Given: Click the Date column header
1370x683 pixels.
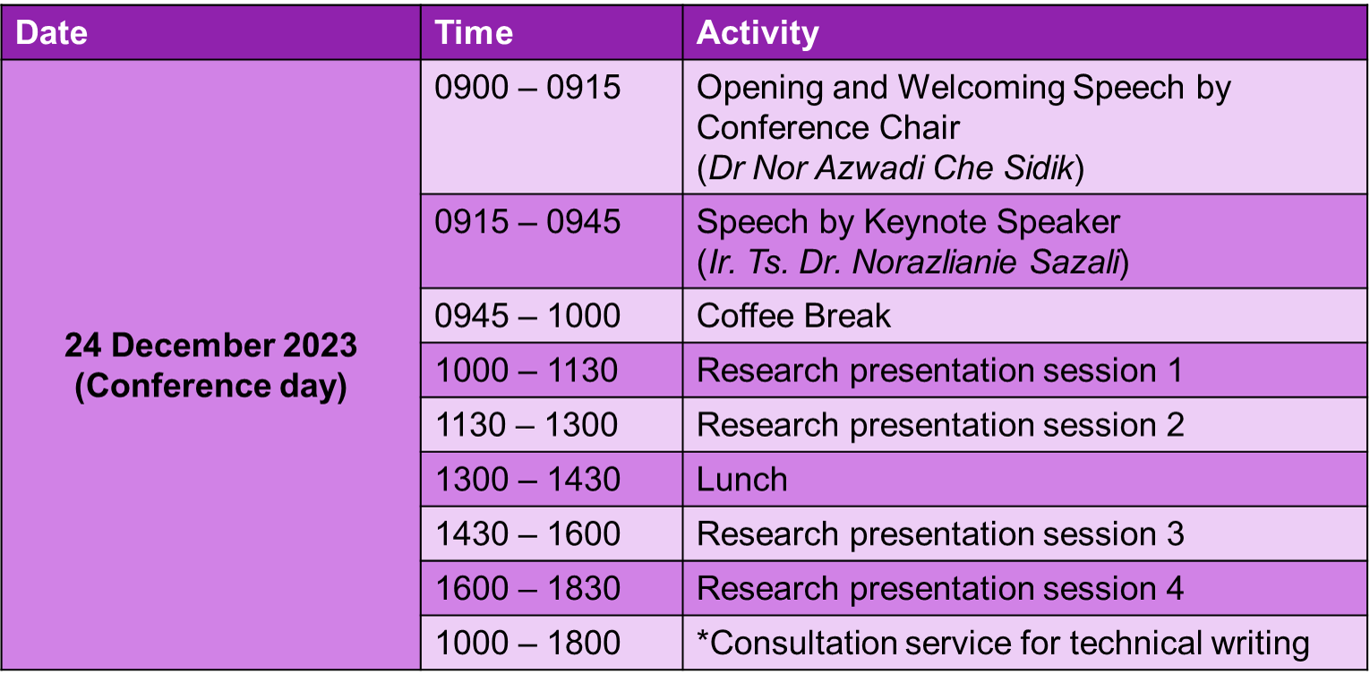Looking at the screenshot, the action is click(x=51, y=32).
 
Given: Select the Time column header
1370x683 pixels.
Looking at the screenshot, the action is click(x=474, y=32).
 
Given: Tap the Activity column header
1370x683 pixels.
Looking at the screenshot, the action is click(x=758, y=34).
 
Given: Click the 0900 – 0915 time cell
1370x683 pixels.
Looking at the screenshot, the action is click(x=527, y=87).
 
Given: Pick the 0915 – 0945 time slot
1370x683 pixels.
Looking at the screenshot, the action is click(x=527, y=221).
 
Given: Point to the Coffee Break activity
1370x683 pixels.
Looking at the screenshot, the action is click(x=793, y=315).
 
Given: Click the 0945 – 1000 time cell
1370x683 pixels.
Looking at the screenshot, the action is click(x=527, y=315).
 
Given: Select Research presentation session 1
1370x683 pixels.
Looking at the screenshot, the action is click(x=939, y=371).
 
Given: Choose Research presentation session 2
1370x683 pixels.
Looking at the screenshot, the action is click(x=940, y=425).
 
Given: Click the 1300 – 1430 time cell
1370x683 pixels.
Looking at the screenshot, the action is click(x=527, y=480).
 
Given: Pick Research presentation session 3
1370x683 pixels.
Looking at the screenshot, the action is click(x=940, y=534).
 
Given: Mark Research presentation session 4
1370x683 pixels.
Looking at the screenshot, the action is click(x=940, y=589).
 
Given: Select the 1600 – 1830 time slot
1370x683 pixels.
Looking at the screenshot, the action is click(x=527, y=588).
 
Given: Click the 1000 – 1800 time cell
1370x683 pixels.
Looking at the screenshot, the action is click(x=527, y=643).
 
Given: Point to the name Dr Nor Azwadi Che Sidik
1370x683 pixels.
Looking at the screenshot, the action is click(x=890, y=167).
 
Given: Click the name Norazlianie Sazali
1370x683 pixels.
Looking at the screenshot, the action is click(x=985, y=261).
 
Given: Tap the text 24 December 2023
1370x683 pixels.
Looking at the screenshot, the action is click(x=210, y=346).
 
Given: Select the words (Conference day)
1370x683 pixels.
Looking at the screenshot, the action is click(x=210, y=387).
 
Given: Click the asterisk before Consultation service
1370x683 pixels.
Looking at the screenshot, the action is click(x=703, y=636).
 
